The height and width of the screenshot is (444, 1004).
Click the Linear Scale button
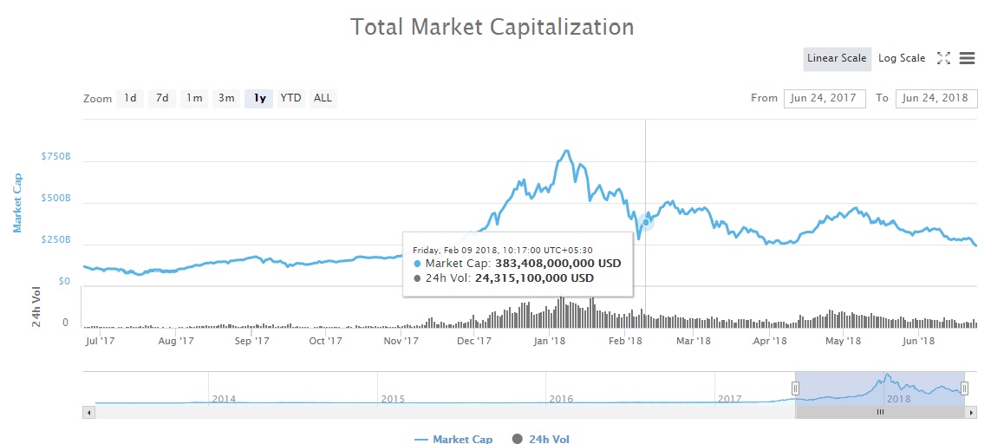click(x=837, y=58)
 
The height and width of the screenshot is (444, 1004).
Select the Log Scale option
click(x=902, y=58)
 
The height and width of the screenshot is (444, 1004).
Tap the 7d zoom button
click(x=162, y=98)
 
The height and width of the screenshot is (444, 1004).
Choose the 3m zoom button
click(x=226, y=98)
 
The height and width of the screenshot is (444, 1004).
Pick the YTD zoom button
click(x=290, y=98)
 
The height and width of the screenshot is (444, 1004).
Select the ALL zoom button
click(x=323, y=98)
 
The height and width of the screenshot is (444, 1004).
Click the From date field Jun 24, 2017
click(x=825, y=98)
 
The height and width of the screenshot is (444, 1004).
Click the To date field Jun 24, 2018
click(x=936, y=98)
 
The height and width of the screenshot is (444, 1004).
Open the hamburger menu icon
click(x=968, y=58)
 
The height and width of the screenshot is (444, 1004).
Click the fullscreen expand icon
click(x=943, y=58)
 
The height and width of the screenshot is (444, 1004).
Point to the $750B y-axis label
click(x=55, y=157)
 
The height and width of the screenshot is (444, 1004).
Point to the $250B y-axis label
click(x=55, y=240)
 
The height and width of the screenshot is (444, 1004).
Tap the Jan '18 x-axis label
click(x=550, y=341)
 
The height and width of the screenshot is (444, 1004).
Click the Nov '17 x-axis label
click(x=401, y=341)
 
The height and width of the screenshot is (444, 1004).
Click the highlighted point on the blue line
click(x=646, y=222)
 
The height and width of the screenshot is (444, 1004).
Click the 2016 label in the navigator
click(x=561, y=399)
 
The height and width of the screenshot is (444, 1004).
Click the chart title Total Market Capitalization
click(x=492, y=27)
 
